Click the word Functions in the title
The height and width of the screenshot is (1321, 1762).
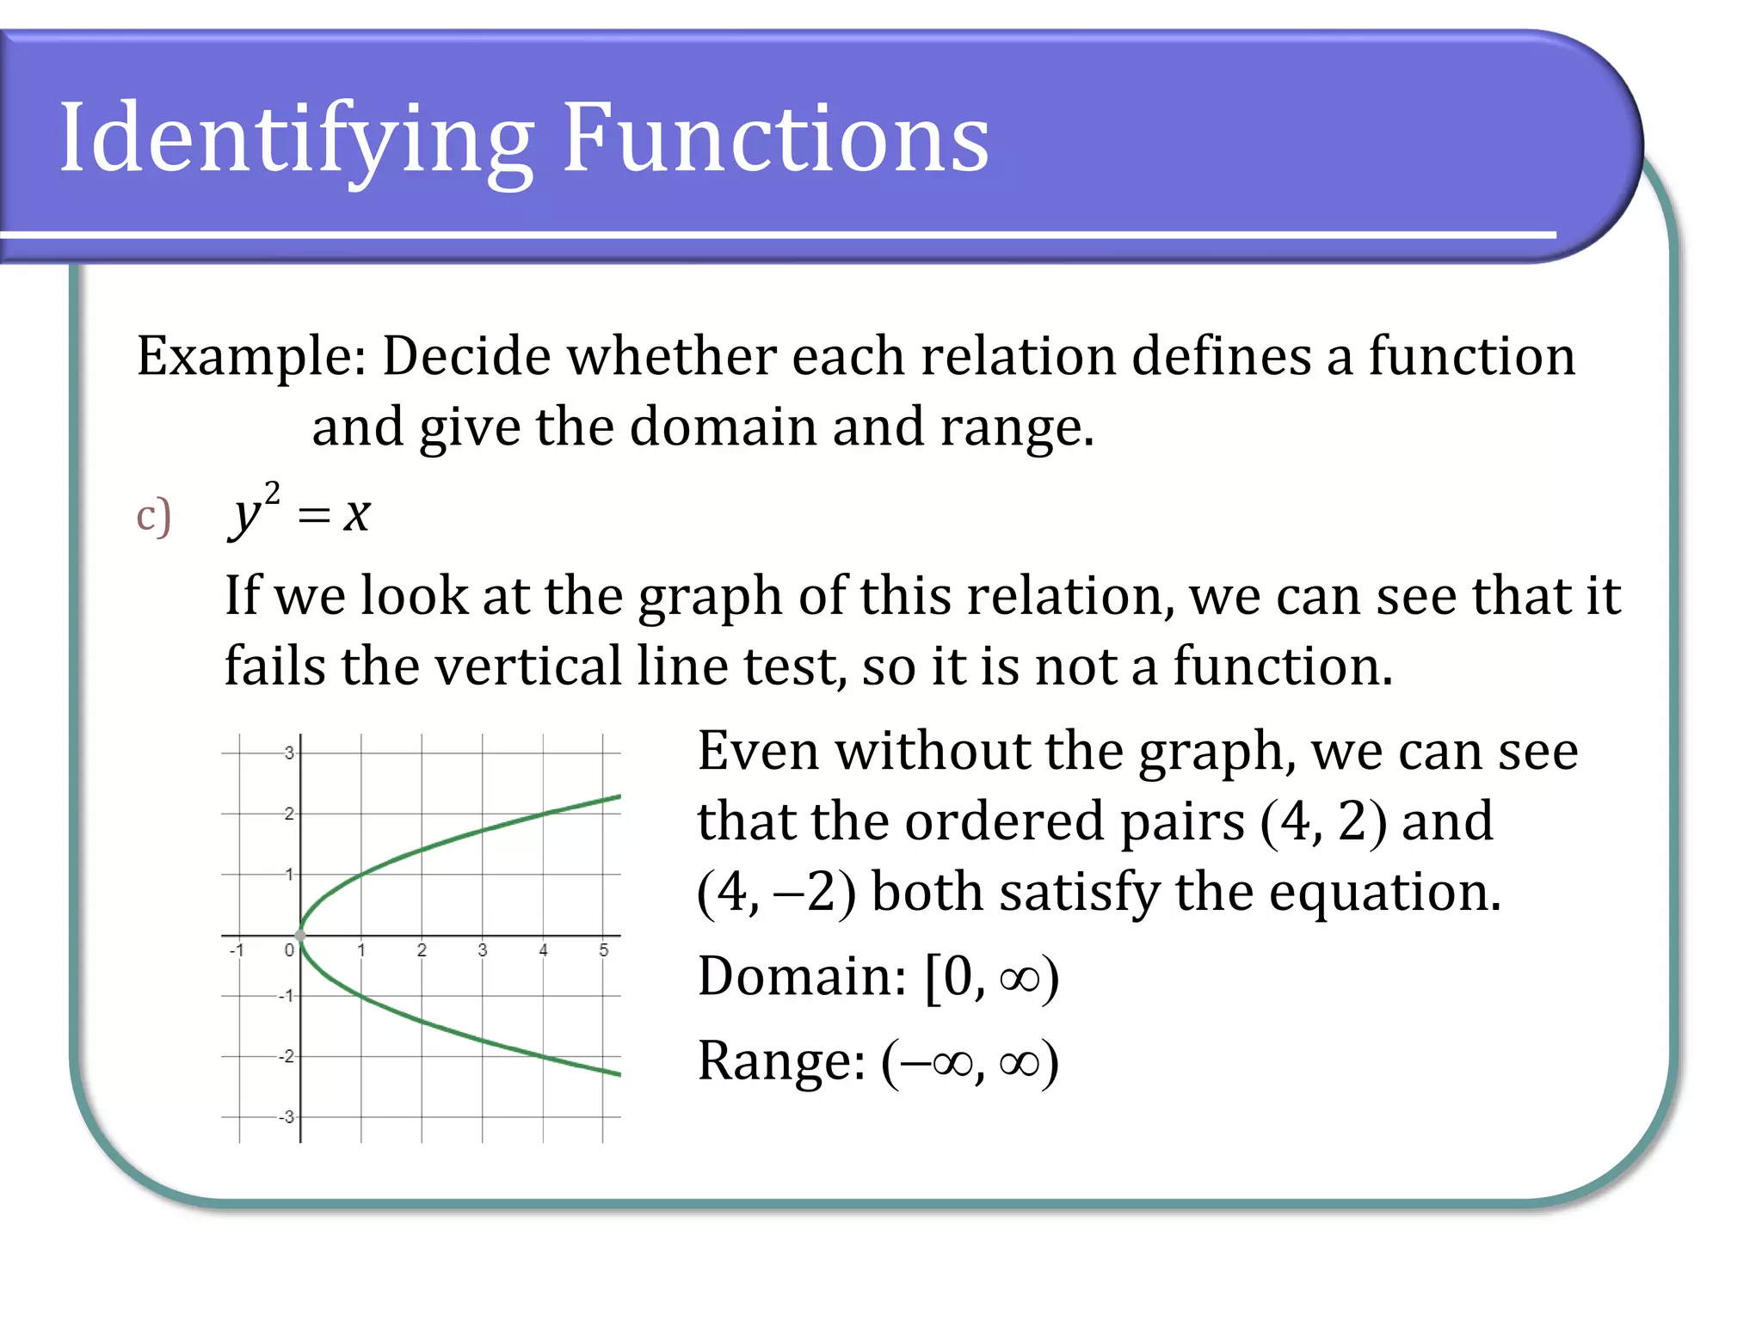pyautogui.click(x=776, y=138)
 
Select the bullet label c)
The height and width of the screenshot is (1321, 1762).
pyautogui.click(x=153, y=516)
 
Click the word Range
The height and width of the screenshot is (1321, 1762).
pyautogui.click(x=780, y=1060)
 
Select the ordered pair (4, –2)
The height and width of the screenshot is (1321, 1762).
pyautogui.click(x=776, y=893)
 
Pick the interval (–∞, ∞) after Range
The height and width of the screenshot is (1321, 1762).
pyautogui.click(x=970, y=1062)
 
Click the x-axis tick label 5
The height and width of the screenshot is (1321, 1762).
pyautogui.click(x=604, y=950)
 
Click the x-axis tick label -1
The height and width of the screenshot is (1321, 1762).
pyautogui.click(x=237, y=950)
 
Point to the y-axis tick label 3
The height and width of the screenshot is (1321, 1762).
pyautogui.click(x=289, y=753)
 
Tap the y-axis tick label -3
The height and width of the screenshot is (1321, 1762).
pyautogui.click(x=286, y=1117)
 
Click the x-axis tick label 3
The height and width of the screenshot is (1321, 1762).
pyautogui.click(x=483, y=950)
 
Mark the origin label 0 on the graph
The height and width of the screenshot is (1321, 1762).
pyautogui.click(x=289, y=950)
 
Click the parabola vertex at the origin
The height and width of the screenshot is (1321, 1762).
pyautogui.click(x=300, y=935)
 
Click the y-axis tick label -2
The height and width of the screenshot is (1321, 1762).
pyautogui.click(x=286, y=1056)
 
